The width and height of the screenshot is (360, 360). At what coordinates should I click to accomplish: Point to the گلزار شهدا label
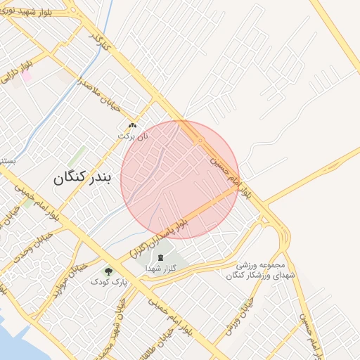160,269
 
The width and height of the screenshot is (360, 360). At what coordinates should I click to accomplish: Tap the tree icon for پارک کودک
108,271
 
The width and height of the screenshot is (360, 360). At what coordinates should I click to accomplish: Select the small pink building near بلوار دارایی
27,77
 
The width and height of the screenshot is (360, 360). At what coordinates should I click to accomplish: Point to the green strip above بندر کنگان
77,156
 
